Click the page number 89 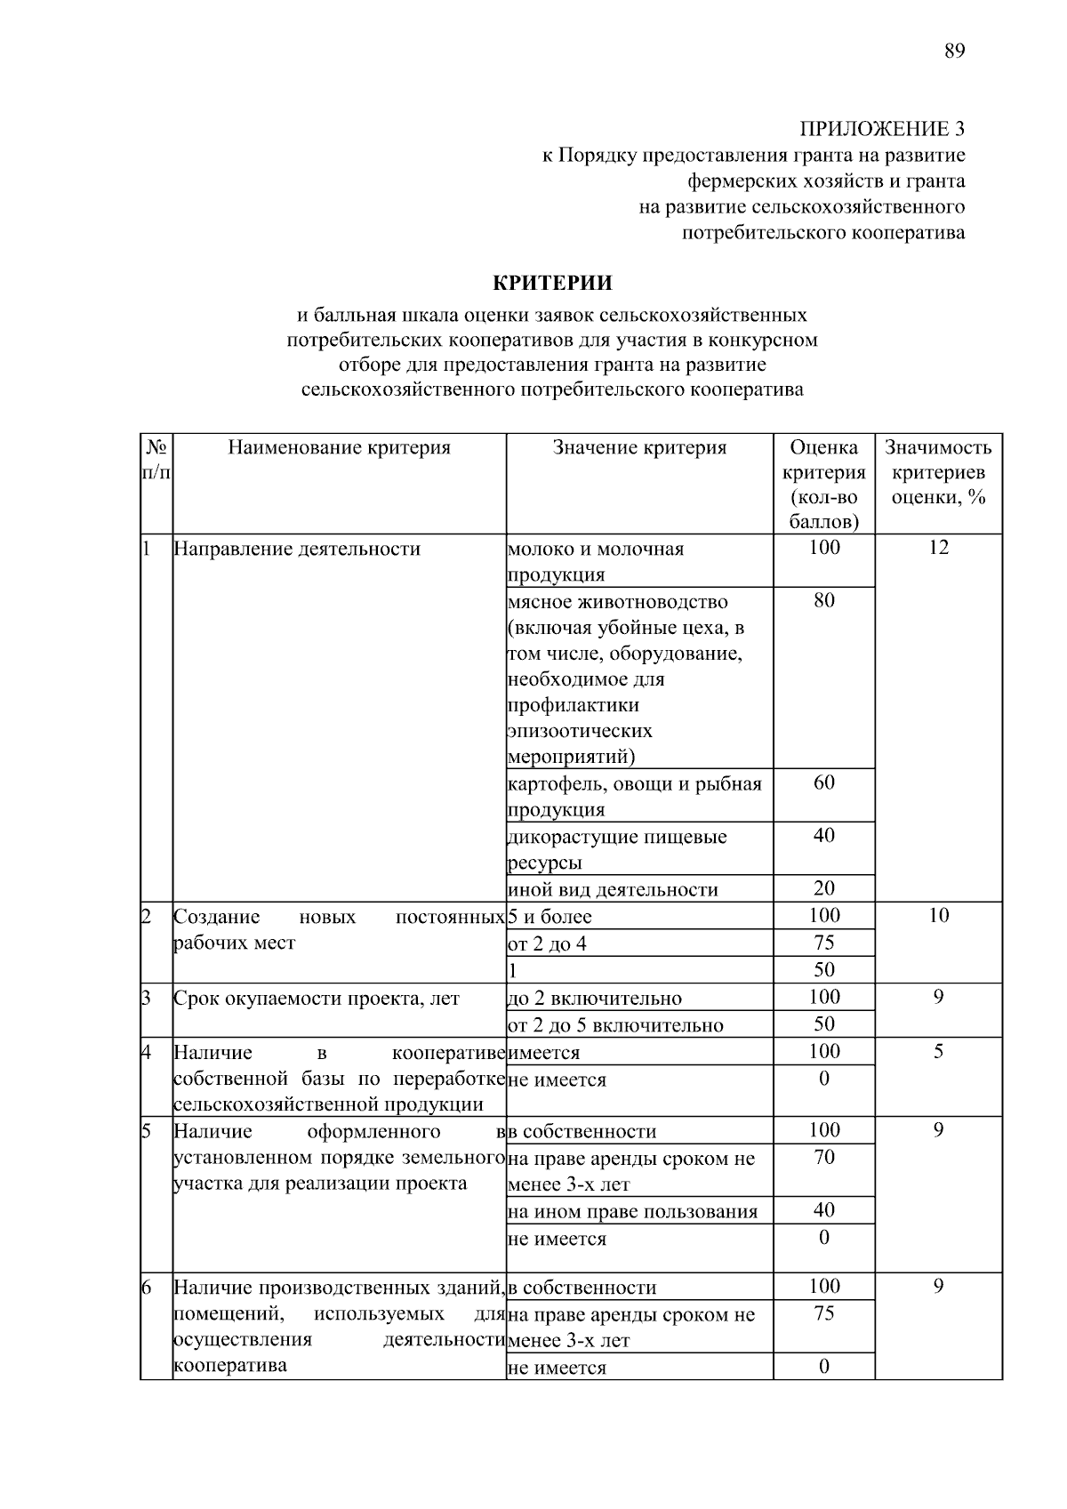click(954, 51)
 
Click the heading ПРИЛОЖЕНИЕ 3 click(882, 130)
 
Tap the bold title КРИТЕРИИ click(553, 284)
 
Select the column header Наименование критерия click(339, 447)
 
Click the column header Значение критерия click(639, 447)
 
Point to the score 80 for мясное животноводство click(824, 600)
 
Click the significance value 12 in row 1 click(938, 548)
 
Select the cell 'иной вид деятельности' click(613, 890)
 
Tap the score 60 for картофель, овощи click(824, 783)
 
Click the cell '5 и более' click(550, 917)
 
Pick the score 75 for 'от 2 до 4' click(824, 943)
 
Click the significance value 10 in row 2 click(938, 916)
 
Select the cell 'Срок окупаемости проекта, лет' click(317, 999)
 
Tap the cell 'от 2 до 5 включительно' click(615, 1025)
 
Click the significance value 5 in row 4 click(938, 1052)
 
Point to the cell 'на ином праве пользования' click(632, 1212)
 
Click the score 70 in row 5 click(824, 1157)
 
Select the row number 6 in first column click(147, 1288)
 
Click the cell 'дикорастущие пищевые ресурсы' click(616, 849)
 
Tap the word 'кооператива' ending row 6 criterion click(230, 1365)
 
